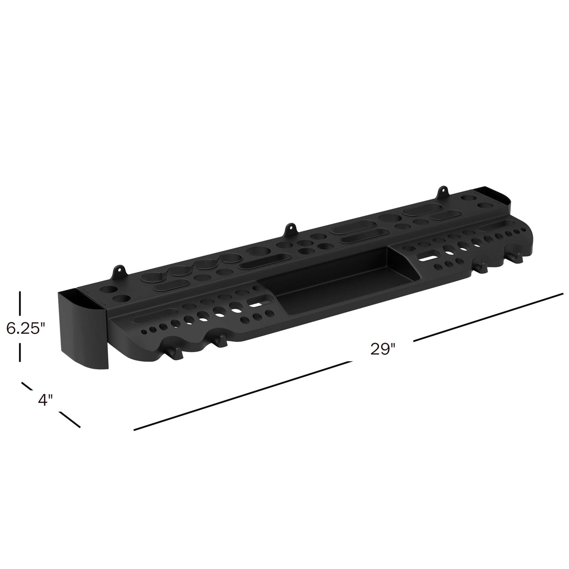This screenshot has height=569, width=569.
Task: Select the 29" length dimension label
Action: [383, 349]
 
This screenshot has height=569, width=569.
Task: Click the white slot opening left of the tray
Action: [256, 303]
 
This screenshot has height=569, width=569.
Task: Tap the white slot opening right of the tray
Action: [426, 257]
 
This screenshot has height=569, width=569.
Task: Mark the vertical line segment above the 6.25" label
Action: [20, 303]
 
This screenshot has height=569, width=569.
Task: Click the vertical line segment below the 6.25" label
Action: [20, 352]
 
